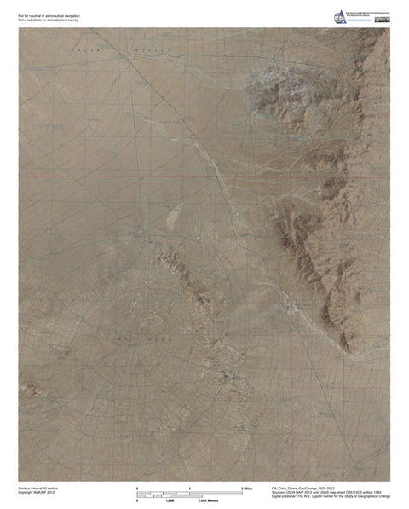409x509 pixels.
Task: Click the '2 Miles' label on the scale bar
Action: (248, 487)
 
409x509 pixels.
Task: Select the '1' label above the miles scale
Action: (189, 487)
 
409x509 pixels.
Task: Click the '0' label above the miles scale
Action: (137, 487)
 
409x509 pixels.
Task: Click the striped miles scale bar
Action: (189, 493)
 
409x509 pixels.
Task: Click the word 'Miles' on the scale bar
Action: (250, 487)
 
